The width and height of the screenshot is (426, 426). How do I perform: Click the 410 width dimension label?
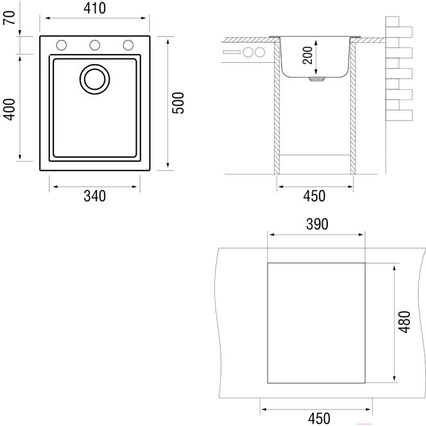(94, 9)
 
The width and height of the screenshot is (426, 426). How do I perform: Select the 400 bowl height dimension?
(9, 108)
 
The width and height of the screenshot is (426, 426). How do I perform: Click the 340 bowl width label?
(94, 196)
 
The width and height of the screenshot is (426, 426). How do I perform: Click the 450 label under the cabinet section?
(314, 196)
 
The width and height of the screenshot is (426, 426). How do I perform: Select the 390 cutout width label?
(316, 224)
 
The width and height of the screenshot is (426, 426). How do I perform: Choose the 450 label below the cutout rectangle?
(316, 418)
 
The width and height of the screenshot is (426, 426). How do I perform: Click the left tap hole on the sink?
(62, 45)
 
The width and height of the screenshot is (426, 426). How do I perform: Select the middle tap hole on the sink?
(95, 45)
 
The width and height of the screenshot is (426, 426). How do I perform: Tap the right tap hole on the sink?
(128, 45)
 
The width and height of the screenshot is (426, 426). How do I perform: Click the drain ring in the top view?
(94, 78)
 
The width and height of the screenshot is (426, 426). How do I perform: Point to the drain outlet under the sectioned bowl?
(315, 80)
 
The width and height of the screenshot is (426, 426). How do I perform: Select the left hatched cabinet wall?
(277, 109)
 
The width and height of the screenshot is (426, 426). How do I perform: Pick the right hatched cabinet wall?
(353, 109)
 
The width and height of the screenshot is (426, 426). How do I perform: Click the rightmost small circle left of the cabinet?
(260, 52)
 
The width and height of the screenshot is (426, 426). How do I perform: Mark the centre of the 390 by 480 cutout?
(316, 322)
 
